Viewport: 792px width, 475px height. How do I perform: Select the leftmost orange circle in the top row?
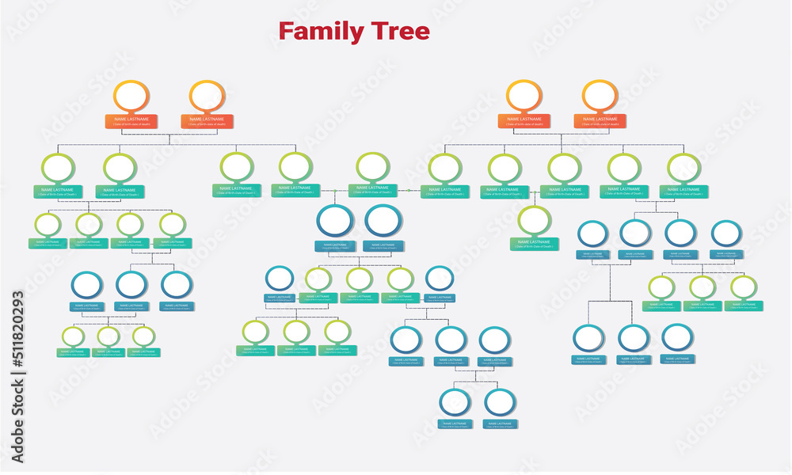coord(131,96)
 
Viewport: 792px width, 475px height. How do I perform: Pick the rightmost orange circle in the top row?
coord(600,96)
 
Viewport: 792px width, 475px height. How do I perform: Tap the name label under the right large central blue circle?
coord(384,246)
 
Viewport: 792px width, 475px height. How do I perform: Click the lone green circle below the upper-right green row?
coord(535,219)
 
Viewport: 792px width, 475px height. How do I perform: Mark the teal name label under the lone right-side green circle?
coord(535,244)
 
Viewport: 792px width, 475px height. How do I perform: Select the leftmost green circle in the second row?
coord(58,168)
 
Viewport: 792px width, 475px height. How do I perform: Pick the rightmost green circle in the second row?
coord(683,168)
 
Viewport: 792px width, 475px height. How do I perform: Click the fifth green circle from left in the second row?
coord(372,167)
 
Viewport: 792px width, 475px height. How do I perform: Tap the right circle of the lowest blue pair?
coord(500,402)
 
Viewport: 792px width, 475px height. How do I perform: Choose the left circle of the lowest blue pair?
coord(455,402)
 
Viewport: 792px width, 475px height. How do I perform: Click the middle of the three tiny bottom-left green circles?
coord(109,336)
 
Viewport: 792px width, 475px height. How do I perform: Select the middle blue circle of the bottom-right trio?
coord(634,338)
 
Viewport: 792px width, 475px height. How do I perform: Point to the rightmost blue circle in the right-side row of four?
coord(725,234)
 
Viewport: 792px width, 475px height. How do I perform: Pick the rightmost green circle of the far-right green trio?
coord(743,287)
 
